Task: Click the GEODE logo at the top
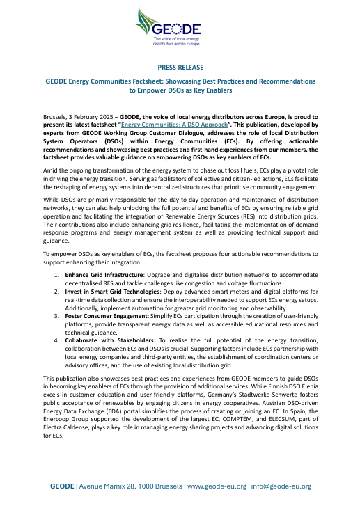pyautogui.click(x=179, y=31)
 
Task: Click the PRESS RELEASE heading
pyautogui.click(x=180, y=68)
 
